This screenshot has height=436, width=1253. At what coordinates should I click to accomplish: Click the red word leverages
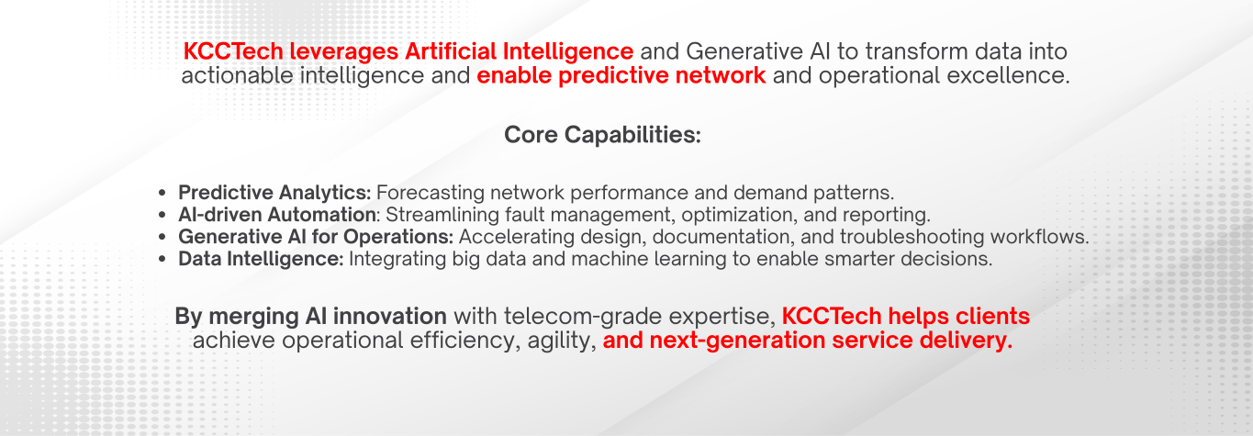(343, 52)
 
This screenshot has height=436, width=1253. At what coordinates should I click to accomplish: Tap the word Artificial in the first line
(451, 51)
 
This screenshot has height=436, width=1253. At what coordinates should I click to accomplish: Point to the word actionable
(237, 75)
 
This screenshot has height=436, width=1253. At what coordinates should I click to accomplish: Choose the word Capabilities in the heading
(632, 135)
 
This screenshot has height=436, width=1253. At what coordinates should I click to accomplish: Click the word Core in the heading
(531, 135)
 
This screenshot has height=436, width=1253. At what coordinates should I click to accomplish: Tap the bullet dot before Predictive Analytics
(162, 193)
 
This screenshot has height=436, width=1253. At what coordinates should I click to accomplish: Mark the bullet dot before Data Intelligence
(162, 259)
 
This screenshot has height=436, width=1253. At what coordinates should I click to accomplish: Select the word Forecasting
(431, 193)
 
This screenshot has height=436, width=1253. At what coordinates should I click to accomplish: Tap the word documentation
(724, 237)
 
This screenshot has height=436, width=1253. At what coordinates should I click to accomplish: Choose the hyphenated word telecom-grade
(583, 317)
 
